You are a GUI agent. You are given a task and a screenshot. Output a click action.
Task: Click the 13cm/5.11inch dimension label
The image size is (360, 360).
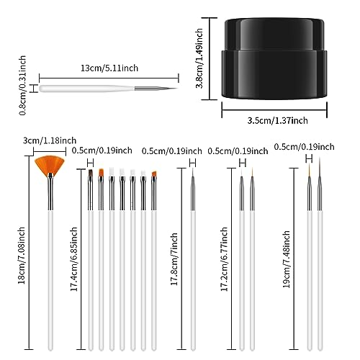click(x=109, y=68)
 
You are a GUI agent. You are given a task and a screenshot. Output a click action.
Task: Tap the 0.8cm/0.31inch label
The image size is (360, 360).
click(x=22, y=86)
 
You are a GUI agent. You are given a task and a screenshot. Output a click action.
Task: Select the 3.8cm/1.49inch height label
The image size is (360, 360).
click(x=199, y=58)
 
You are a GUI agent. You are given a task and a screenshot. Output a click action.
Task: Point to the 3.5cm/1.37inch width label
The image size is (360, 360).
click(x=277, y=120)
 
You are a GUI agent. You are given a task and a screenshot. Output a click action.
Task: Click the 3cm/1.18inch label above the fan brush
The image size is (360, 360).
click(x=50, y=140)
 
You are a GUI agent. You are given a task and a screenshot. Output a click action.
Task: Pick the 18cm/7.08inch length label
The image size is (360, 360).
click(x=22, y=256)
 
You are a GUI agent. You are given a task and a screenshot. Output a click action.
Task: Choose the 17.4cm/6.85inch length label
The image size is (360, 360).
click(x=74, y=259)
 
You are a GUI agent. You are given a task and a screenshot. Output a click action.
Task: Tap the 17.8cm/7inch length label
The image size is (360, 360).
click(x=174, y=259)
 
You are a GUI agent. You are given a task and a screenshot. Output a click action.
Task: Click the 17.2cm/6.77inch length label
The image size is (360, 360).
click(x=224, y=259)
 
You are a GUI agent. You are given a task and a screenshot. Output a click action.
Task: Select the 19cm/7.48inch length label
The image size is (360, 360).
click(x=286, y=259)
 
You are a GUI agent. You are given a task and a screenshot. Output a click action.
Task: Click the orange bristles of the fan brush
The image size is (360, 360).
click(x=50, y=164)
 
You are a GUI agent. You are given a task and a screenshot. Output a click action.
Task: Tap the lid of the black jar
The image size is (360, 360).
click(x=274, y=35)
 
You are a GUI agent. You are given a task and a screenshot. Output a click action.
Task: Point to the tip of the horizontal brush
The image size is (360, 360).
click(x=177, y=88)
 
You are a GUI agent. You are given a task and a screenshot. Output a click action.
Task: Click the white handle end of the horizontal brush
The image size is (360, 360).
click(x=41, y=89)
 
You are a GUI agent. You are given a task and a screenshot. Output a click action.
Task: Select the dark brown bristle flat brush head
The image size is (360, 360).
click(x=91, y=173)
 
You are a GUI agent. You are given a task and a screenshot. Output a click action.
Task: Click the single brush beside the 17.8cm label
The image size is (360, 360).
click(x=193, y=259)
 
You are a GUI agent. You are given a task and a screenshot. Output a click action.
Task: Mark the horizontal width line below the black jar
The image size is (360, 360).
click(x=274, y=110)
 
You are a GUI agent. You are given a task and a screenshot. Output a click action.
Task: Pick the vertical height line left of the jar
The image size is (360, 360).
click(x=210, y=58)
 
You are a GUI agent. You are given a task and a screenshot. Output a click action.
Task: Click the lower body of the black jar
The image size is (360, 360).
click(x=274, y=74)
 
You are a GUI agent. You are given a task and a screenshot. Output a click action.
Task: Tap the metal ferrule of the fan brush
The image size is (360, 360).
click(x=50, y=192)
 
